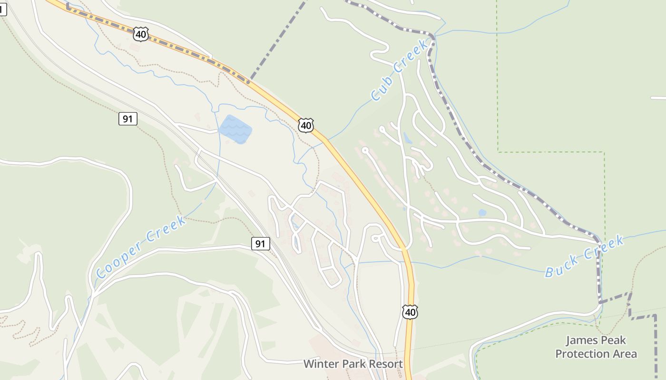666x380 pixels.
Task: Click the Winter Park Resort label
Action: coord(353,364)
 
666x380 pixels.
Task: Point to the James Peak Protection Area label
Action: coord(596,347)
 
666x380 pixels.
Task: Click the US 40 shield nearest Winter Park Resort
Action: coord(410,312)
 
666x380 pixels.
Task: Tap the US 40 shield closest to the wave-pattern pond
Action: coord(306,125)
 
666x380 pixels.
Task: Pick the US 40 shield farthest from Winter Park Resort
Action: coord(141,34)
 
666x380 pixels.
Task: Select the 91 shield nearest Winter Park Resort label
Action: coord(260,244)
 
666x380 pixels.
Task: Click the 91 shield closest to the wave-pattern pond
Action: coord(127,119)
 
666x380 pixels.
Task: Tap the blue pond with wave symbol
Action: coord(235,128)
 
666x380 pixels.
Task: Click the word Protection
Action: coord(583,354)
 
